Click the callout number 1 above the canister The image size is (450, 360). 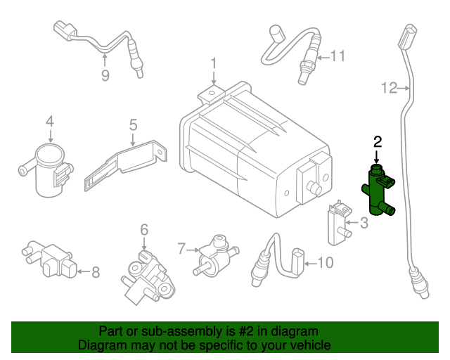pos(213,65)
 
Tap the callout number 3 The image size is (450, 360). pos(364,224)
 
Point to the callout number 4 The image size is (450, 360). pos(50,122)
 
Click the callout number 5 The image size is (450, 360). pos(133,125)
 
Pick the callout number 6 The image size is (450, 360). pos(144,229)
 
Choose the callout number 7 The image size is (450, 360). pos(181,248)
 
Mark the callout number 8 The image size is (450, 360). pos(96,270)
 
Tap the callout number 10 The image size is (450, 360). pos(325,263)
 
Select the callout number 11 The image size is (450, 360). pos(338,56)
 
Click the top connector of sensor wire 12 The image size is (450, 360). pos(406,37)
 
